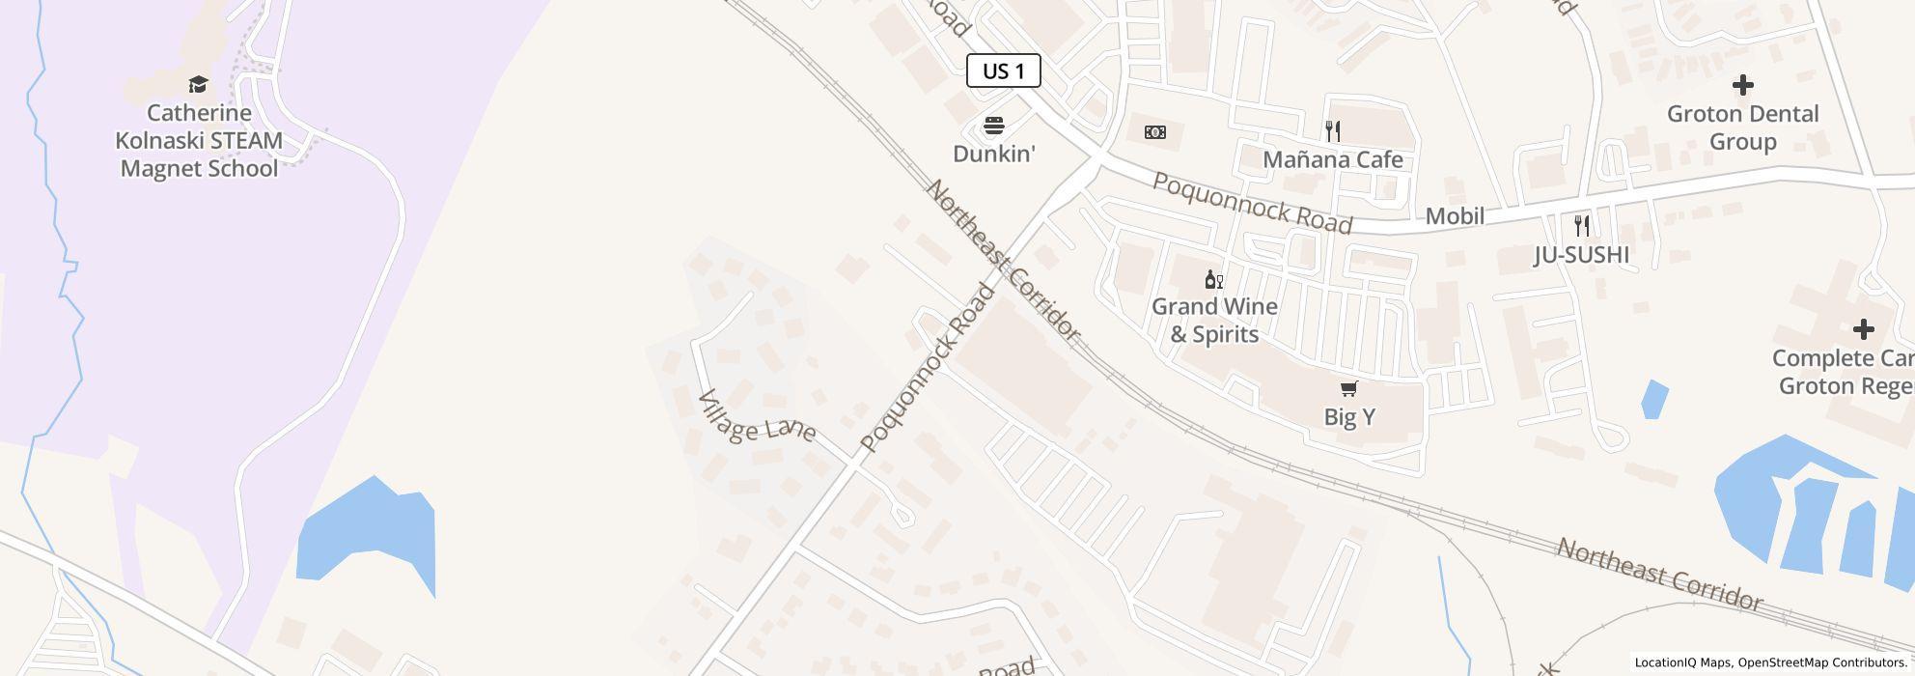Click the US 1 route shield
[x=1003, y=70]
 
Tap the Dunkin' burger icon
[x=994, y=126]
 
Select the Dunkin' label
[x=994, y=154]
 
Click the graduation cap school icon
[x=198, y=84]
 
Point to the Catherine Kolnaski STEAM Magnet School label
[x=199, y=141]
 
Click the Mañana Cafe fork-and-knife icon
[x=1333, y=131]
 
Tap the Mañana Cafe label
[x=1333, y=159]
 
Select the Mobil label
[x=1455, y=216]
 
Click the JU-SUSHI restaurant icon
[x=1582, y=226]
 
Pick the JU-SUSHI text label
[x=1582, y=254]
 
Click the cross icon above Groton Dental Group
[x=1742, y=85]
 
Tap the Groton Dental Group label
[x=1742, y=127]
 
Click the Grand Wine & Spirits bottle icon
[x=1214, y=280]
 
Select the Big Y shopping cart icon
[x=1349, y=389]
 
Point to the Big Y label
[x=1349, y=417]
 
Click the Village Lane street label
[x=757, y=416]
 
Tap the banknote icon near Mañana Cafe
[x=1154, y=132]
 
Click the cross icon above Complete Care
[x=1863, y=329]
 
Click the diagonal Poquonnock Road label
[x=927, y=368]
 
